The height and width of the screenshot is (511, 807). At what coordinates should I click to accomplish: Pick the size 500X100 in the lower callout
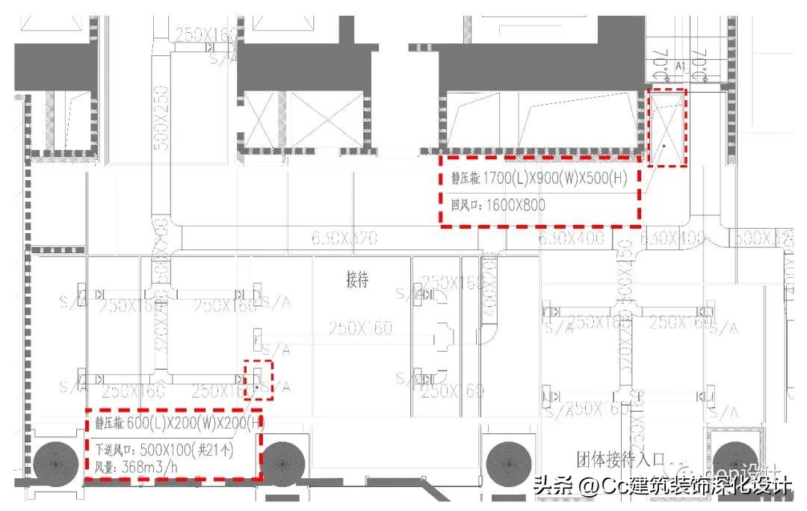click(x=154, y=450)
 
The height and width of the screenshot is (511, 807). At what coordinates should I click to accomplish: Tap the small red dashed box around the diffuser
click(x=259, y=380)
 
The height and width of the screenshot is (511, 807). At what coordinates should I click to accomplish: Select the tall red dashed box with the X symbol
click(x=666, y=127)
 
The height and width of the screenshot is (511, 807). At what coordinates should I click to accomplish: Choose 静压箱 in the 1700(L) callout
click(x=465, y=179)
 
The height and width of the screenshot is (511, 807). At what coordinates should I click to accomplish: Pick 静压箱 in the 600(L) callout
click(x=110, y=424)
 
